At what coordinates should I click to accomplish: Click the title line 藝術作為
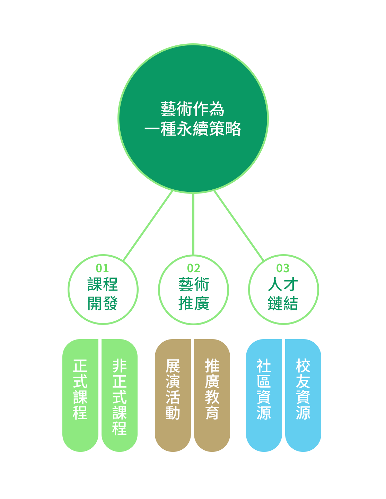tap(193, 109)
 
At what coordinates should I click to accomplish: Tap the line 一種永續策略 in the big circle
tap(193, 129)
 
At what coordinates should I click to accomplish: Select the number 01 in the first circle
tap(103, 268)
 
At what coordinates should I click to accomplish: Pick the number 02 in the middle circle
tap(194, 268)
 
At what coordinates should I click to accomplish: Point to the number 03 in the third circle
tap(283, 268)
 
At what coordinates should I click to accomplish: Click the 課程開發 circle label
tap(103, 294)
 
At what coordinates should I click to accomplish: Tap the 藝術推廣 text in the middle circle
tap(194, 294)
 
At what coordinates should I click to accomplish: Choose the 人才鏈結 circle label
tap(283, 294)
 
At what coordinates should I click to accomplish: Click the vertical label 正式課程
tap(80, 389)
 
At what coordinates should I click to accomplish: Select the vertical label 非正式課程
tap(120, 397)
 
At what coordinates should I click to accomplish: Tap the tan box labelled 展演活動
tap(173, 395)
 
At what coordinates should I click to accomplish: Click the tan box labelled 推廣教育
tap(212, 395)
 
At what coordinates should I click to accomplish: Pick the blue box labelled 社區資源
tap(264, 395)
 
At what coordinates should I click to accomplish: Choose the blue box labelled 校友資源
tap(303, 395)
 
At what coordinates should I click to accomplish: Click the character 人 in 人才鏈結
tap(275, 285)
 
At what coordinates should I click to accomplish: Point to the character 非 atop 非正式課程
tap(120, 366)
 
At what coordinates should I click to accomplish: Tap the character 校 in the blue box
tap(303, 366)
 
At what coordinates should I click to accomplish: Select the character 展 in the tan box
tap(173, 366)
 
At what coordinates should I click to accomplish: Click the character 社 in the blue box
tap(264, 366)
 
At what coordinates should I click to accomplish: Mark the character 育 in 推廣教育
tap(212, 413)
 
